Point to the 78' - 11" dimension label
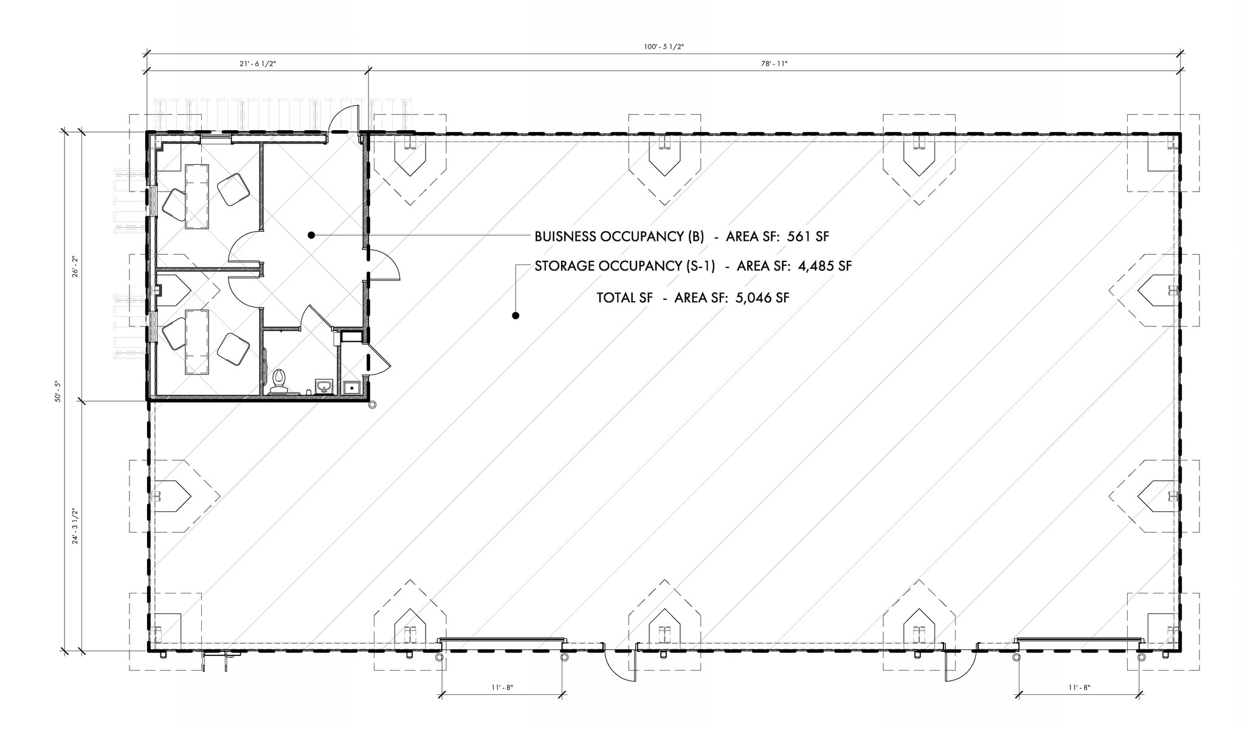(774, 64)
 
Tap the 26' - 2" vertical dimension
(75, 266)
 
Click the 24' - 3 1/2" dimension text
(75, 525)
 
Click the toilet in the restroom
(280, 380)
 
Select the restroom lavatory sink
(324, 386)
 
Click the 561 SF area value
(808, 237)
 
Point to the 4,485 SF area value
(824, 266)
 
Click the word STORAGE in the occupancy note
(565, 266)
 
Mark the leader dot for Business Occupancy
(311, 235)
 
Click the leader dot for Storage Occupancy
(516, 316)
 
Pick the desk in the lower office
(196, 341)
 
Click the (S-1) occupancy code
(699, 266)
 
